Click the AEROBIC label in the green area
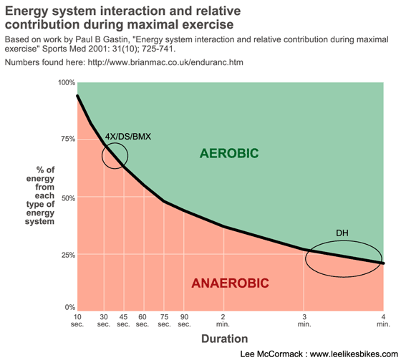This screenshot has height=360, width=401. coord(229,153)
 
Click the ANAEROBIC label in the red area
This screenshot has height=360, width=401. coord(230,283)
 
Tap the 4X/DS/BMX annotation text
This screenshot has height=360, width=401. coord(128,137)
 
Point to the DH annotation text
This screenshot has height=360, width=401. coord(342,233)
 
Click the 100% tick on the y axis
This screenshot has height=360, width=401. coord(67,82)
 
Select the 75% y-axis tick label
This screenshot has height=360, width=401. coord(68,139)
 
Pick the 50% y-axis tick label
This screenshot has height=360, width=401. coord(68,198)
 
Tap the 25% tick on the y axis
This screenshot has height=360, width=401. coord(68,255)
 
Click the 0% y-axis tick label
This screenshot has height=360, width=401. coord(70,307)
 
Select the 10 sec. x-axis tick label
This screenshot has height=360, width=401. coord(77,321)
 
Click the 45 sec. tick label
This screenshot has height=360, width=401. coord(123,321)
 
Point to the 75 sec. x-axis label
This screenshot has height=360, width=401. coord(164,321)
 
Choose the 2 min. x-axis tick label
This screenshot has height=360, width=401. coord(223,321)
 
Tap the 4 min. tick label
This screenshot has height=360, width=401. coord(383,321)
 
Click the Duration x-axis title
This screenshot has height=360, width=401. coord(225,339)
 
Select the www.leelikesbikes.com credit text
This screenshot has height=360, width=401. coord(354,354)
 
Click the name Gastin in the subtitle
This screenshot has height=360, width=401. coord(115,39)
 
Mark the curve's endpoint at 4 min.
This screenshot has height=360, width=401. coord(383,263)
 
